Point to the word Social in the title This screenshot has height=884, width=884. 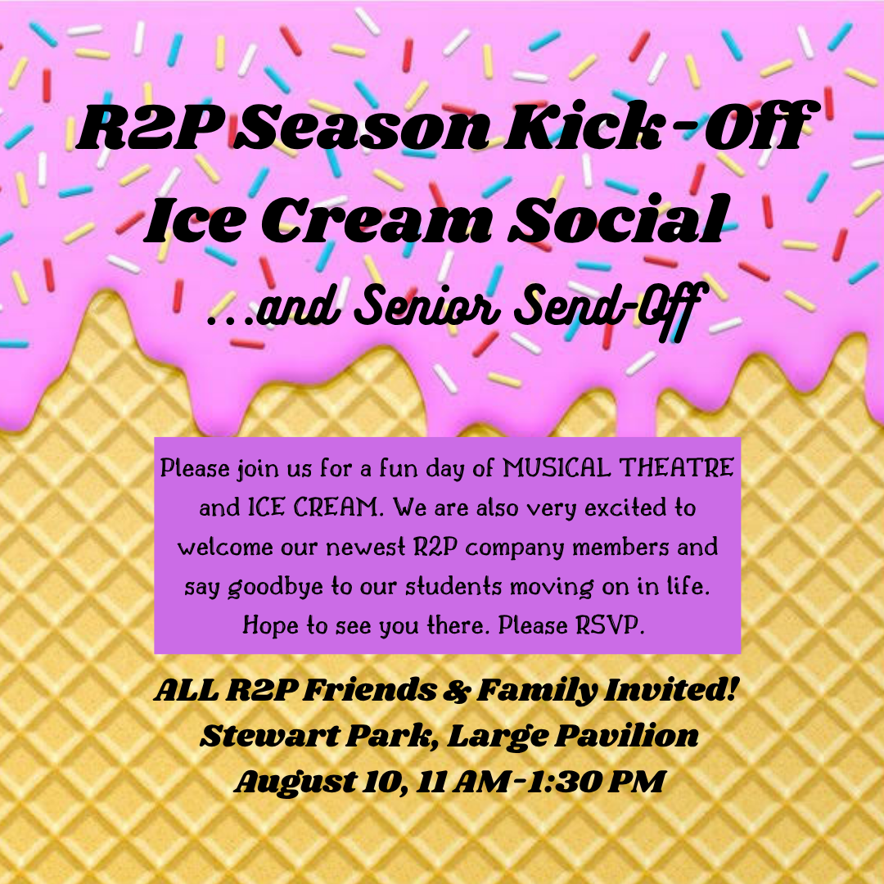(616, 218)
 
